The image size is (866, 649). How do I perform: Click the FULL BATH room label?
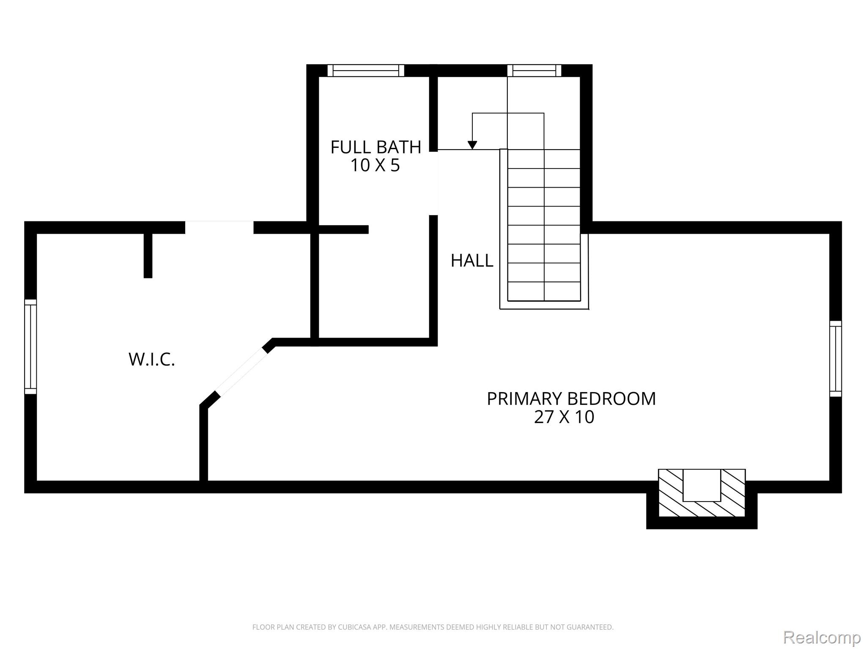[x=375, y=147]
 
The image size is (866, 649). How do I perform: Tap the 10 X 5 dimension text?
[x=375, y=165]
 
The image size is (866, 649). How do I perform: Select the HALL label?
[x=472, y=261]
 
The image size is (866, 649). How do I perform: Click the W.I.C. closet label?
[x=152, y=360]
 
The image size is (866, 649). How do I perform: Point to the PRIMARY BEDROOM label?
[x=571, y=399]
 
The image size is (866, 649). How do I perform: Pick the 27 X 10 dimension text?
[x=564, y=417]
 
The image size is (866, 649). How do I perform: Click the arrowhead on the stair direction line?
[x=472, y=145]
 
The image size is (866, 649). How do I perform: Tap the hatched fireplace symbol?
[x=702, y=493]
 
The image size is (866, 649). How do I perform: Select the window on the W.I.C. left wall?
[x=30, y=346]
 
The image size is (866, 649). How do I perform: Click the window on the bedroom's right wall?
[x=836, y=359]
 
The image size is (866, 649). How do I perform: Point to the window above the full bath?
[x=366, y=71]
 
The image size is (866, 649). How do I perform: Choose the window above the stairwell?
[x=534, y=71]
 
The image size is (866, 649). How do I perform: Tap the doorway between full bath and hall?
[x=434, y=183]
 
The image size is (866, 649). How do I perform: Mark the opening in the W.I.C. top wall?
[x=219, y=227]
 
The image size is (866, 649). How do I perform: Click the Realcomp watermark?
[x=822, y=637]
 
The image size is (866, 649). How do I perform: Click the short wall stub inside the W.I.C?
[x=148, y=256]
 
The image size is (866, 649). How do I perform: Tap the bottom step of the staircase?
[x=544, y=291]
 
